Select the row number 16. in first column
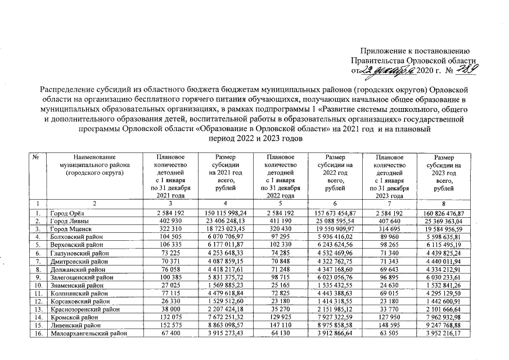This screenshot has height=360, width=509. pyautogui.click(x=38, y=333)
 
